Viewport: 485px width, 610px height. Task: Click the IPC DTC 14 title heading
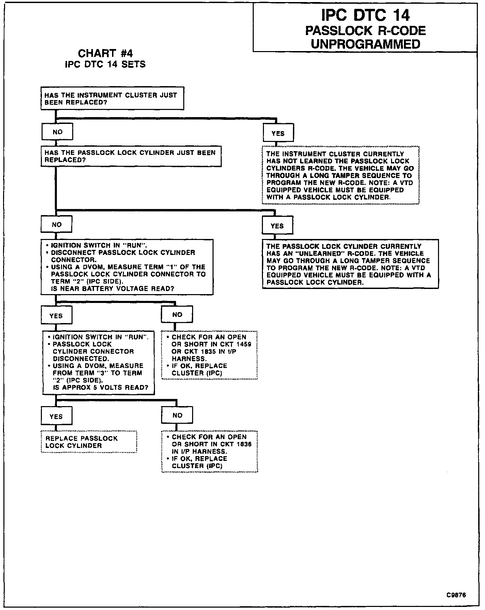click(x=365, y=15)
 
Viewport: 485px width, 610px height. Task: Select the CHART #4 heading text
click(x=105, y=53)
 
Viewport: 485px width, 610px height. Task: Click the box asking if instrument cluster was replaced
click(x=112, y=98)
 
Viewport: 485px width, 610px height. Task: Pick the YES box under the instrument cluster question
click(x=278, y=133)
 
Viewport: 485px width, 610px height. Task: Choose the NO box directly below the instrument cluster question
click(x=57, y=132)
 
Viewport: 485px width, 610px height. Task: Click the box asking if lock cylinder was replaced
click(x=131, y=156)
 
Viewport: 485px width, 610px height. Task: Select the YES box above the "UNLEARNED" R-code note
click(x=277, y=226)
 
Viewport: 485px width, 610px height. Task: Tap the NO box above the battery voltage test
click(x=57, y=224)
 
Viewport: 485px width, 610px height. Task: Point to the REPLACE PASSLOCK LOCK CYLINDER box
click(x=89, y=442)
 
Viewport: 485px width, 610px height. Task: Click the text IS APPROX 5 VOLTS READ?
click(x=100, y=387)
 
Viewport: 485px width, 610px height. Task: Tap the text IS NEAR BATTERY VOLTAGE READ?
click(x=112, y=289)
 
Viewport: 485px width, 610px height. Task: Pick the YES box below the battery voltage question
click(x=56, y=316)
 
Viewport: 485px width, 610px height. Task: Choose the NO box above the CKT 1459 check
click(x=177, y=315)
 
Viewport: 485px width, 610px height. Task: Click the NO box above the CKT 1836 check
click(x=177, y=415)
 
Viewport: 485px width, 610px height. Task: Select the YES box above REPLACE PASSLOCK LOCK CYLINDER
click(x=56, y=417)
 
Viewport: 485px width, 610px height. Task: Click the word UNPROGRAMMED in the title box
click(x=365, y=44)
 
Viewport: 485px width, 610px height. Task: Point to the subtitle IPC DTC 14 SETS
click(x=105, y=64)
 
